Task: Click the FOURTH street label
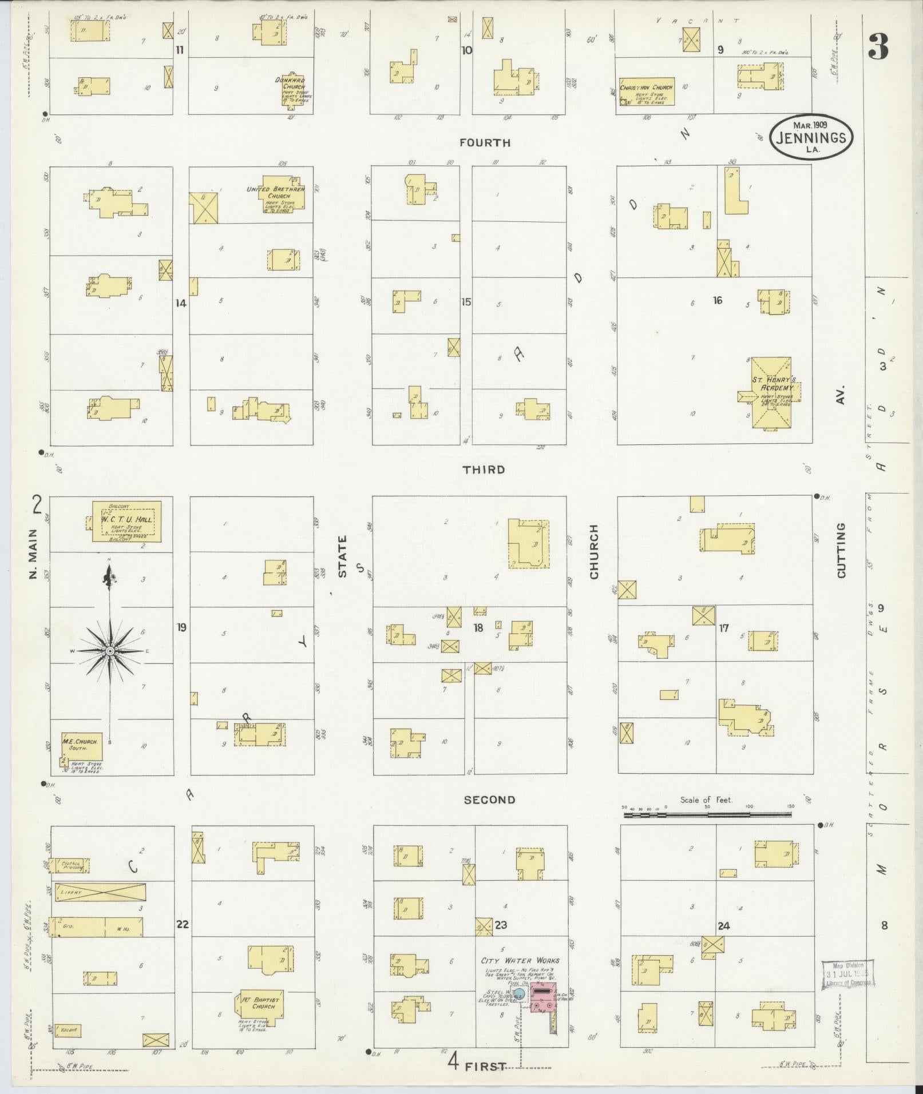(486, 143)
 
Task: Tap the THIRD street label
(484, 470)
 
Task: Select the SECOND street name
(489, 800)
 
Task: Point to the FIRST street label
(485, 1066)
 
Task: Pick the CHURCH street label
(593, 552)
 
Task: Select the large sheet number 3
(878, 47)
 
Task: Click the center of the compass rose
(109, 651)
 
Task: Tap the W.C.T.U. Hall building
(126, 522)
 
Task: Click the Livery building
(100, 908)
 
